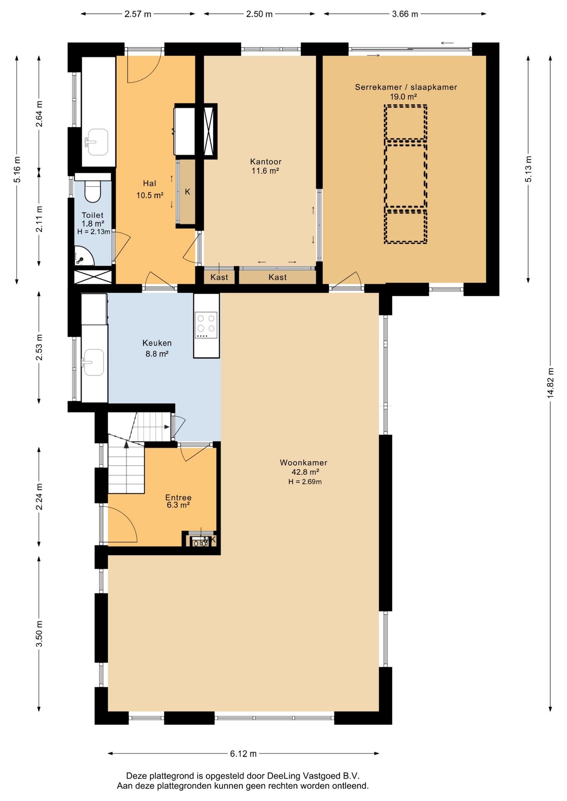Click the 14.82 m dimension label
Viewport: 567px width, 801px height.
point(550,383)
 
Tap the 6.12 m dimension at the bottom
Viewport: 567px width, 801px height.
point(243,753)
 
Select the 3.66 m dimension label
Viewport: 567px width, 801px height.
point(405,14)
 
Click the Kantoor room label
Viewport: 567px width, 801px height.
point(266,161)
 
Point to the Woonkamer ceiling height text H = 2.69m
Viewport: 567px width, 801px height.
point(305,482)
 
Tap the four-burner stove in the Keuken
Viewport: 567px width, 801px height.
point(206,325)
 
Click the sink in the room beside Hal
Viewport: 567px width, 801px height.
point(96,142)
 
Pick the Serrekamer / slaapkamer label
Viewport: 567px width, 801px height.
point(406,87)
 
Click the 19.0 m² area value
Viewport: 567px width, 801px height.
point(403,97)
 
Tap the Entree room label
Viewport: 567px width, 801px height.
point(178,497)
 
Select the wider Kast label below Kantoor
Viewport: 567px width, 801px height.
point(278,277)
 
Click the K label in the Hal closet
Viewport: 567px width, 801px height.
point(187,192)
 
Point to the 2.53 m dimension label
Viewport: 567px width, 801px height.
point(39,347)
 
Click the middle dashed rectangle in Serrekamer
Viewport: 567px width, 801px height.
point(405,175)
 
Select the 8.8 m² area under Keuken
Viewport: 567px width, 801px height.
point(157,354)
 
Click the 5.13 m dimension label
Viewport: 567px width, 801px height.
point(528,169)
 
